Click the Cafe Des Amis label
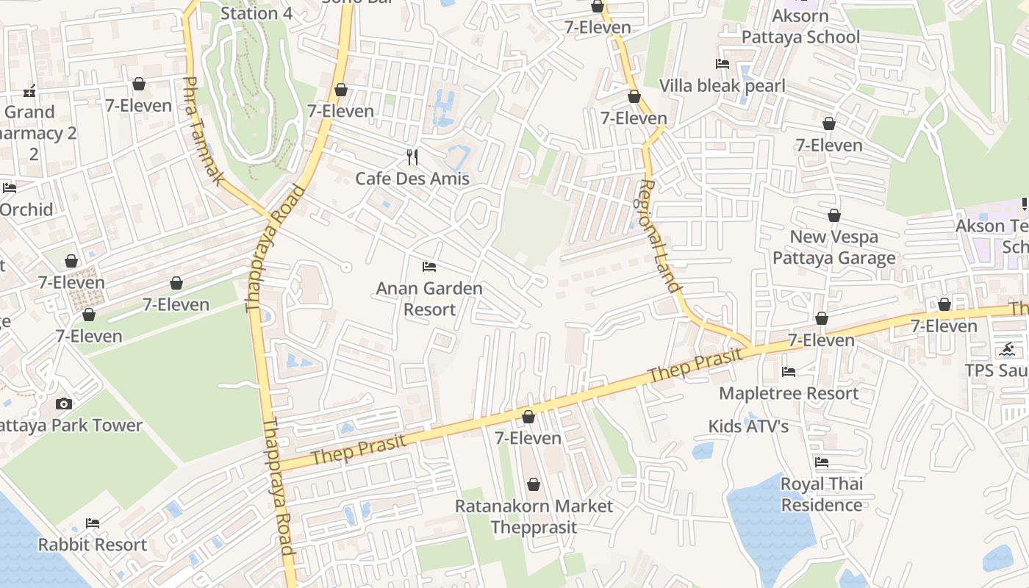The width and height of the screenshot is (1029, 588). (x=412, y=179)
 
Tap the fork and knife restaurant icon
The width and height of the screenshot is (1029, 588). (x=412, y=157)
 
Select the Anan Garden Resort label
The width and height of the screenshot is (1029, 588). (x=429, y=298)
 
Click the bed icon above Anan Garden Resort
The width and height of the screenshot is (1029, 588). (x=429, y=266)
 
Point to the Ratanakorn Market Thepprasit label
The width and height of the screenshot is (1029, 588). (x=534, y=517)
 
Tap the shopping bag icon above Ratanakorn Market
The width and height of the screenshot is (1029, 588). (x=534, y=484)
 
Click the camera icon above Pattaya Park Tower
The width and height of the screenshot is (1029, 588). (x=64, y=404)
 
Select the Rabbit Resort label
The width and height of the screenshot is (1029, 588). (x=93, y=545)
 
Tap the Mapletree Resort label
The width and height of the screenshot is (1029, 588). (x=789, y=393)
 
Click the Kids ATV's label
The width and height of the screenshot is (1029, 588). (x=748, y=426)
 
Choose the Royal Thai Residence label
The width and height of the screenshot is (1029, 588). (x=822, y=494)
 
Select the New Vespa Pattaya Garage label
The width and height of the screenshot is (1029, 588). (x=833, y=247)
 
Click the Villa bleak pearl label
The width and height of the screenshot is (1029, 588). (x=722, y=86)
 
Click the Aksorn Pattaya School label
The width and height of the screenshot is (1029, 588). (x=800, y=26)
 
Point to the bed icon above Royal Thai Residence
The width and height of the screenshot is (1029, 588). (x=822, y=462)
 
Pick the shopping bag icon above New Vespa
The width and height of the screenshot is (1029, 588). (x=833, y=215)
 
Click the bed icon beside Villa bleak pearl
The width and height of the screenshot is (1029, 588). (x=722, y=64)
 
